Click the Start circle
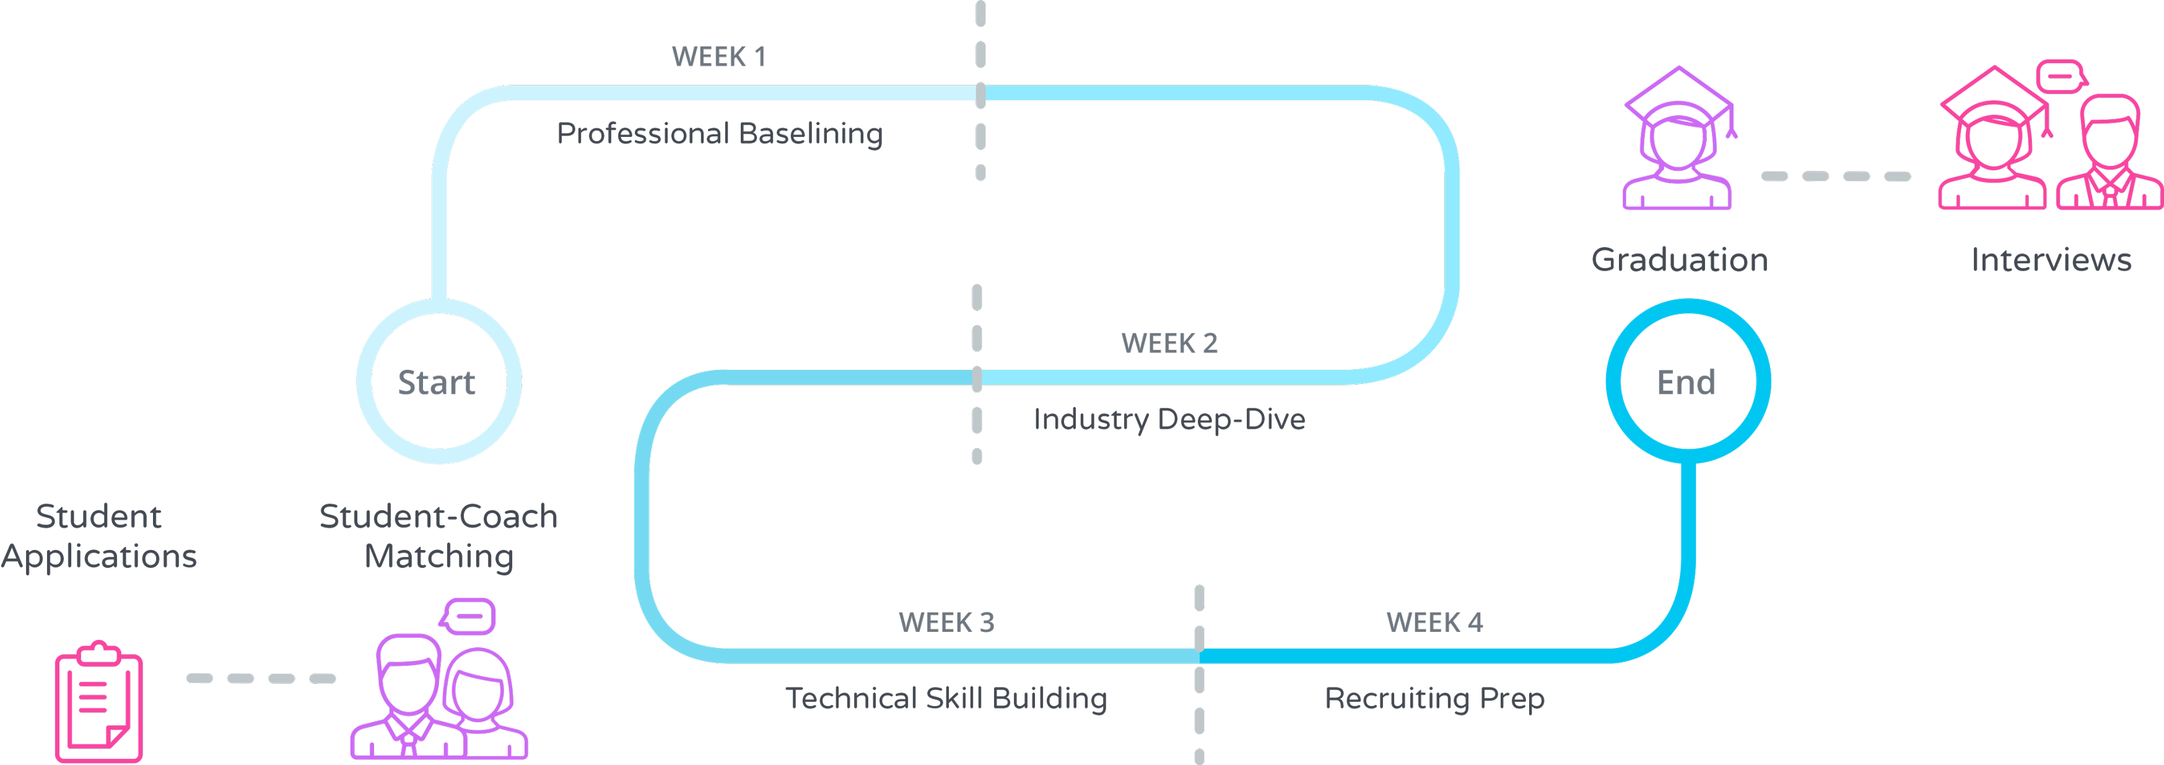click(438, 382)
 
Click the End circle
click(1688, 382)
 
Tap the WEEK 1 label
click(718, 57)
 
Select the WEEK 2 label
click(1169, 343)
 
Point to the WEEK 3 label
click(946, 623)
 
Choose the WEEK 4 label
click(1434, 623)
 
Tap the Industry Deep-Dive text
click(1169, 419)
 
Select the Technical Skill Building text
click(946, 699)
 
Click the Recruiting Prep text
click(1434, 699)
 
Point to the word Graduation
click(1679, 260)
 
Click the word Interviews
click(2051, 260)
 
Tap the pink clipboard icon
click(98, 704)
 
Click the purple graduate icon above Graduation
click(1678, 139)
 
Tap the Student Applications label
click(99, 536)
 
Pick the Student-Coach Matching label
click(438, 536)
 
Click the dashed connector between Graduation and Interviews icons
click(1836, 177)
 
